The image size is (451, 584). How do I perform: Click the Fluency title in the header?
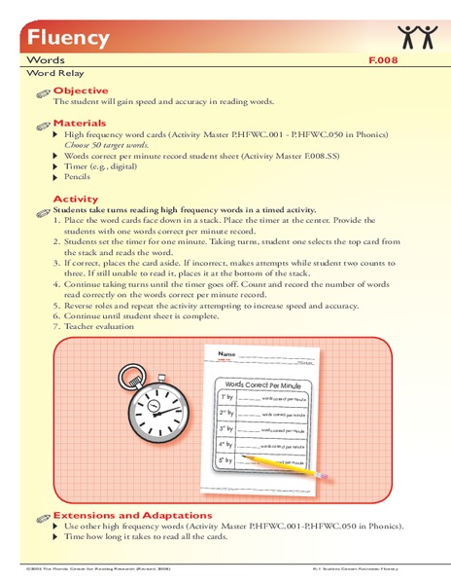(55, 38)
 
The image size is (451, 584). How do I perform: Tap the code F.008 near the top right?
(384, 60)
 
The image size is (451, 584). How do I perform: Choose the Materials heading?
(80, 124)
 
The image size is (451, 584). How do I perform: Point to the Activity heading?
(75, 199)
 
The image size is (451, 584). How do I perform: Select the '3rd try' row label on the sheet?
(225, 429)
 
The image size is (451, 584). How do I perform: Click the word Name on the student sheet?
(226, 353)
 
